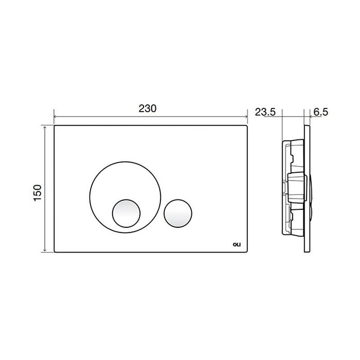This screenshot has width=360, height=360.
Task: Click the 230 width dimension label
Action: point(148,108)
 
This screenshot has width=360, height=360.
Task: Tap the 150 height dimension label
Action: point(37,193)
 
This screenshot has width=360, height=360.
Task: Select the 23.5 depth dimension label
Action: point(265,112)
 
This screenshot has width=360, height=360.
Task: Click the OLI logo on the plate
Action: point(237,245)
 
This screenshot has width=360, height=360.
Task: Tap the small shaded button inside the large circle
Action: point(126,213)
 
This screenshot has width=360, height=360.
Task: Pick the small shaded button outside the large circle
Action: point(178,213)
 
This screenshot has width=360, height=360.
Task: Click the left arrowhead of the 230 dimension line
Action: point(55,117)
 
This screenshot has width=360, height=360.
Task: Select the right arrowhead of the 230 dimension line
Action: point(246,117)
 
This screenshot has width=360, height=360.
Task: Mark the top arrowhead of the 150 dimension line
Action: point(45,127)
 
